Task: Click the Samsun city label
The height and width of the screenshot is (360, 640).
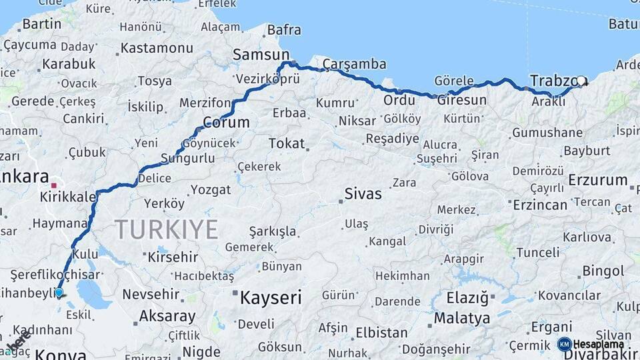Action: coord(261,55)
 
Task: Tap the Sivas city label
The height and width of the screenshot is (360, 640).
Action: coord(363,194)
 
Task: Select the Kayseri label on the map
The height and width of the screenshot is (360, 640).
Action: coord(271,297)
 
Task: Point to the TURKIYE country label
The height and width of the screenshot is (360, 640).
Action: coord(167,230)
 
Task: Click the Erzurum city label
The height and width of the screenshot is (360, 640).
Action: coord(598,180)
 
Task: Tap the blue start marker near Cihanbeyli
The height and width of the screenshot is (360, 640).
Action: coord(59,292)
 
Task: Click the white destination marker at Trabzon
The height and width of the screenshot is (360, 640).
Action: coord(581,81)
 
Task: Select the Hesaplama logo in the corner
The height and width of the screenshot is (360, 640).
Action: coord(591,344)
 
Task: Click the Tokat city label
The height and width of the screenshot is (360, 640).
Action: coord(286,143)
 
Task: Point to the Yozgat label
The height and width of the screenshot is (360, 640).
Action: coord(210,190)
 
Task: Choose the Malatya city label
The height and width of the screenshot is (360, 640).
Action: coord(462,318)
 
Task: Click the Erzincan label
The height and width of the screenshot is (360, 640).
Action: coord(539,205)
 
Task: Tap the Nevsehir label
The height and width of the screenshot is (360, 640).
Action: coord(151,294)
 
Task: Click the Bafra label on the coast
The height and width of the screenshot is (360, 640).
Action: coord(283,30)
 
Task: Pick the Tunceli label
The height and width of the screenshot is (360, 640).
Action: coord(538,252)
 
